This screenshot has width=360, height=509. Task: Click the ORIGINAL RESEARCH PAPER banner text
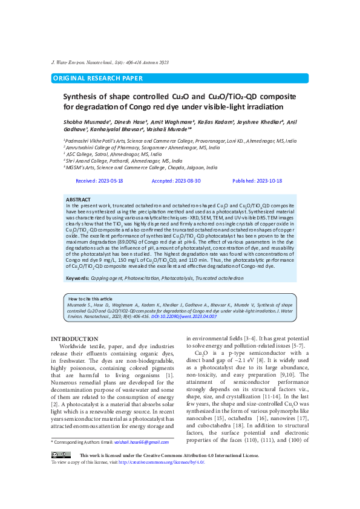(x=99, y=78)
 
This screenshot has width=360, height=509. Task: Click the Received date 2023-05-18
(x=99, y=181)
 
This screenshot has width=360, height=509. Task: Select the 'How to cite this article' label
(x=90, y=299)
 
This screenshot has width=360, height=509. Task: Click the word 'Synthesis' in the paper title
(x=82, y=96)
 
